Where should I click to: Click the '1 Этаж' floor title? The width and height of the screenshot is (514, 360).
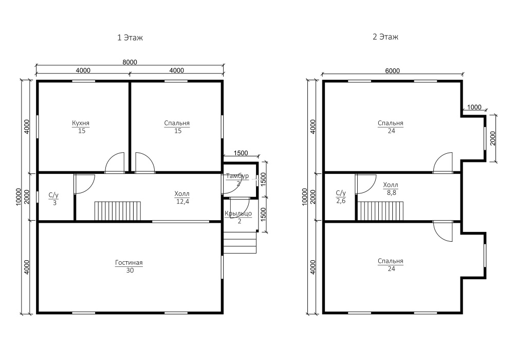130,38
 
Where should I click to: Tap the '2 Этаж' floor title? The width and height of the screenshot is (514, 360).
385,37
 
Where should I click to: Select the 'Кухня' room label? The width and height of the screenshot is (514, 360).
81,123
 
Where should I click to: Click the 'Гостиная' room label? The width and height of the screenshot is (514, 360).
129,263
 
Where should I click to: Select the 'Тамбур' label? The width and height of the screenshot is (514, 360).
237,176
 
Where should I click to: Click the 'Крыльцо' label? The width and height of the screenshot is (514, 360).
238,213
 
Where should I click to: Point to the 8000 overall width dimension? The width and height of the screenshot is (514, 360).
130,62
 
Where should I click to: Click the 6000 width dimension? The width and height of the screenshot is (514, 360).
392,71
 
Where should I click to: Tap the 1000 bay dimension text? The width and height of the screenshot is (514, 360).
474,107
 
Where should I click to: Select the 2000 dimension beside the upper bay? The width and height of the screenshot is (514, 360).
493,138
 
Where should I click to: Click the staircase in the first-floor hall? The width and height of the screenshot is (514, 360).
118,211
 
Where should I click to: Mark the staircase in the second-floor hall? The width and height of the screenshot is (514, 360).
380,211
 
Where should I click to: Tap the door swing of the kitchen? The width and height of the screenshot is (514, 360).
115,163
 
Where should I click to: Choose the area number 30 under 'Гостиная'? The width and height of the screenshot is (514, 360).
130,271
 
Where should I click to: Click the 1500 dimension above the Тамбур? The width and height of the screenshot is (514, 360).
241,153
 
